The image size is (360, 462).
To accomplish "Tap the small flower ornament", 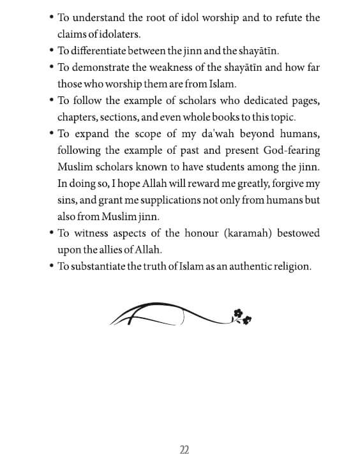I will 240,316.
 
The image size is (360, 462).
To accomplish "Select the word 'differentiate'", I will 98,51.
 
